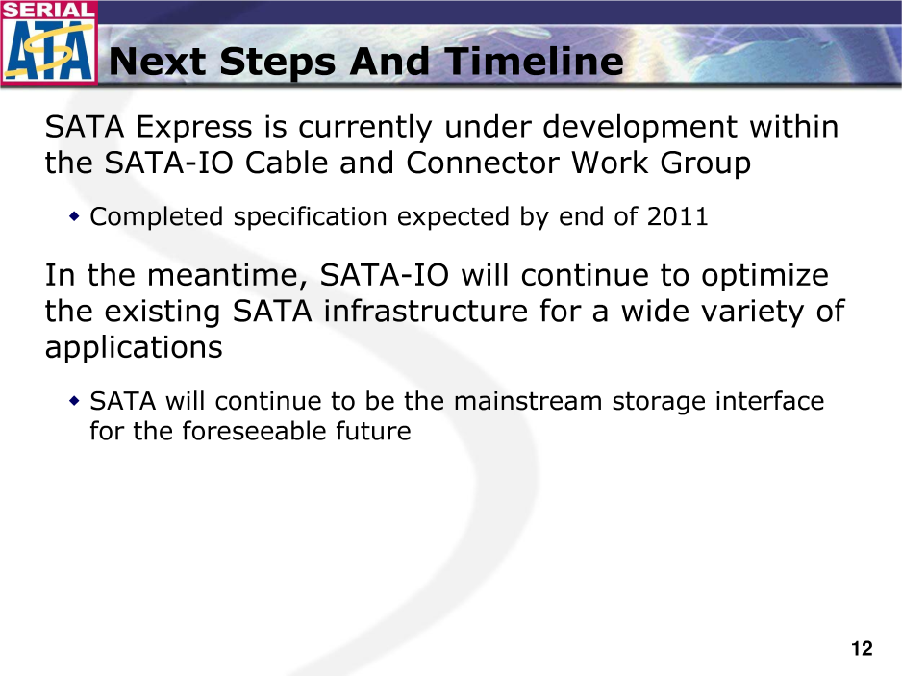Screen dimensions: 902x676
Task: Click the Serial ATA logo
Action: point(49,42)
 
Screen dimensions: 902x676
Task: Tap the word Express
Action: point(194,128)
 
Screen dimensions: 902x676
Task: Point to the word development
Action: point(639,128)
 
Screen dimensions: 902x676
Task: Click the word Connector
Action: point(482,163)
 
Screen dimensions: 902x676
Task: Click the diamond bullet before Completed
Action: point(74,217)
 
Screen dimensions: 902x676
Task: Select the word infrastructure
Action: point(425,312)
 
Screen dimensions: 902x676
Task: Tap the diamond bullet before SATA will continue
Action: point(74,401)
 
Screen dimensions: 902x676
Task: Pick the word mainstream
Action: point(528,401)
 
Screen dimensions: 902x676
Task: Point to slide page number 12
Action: point(862,649)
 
